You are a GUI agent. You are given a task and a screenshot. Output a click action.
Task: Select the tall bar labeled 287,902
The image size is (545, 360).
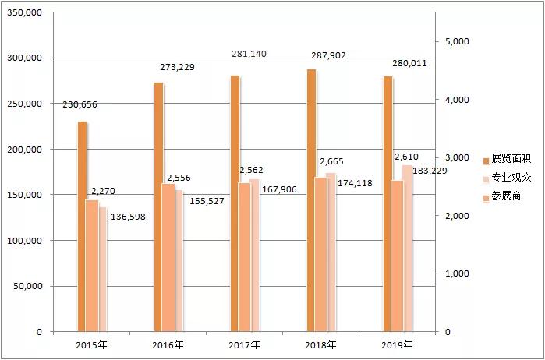point(311,200)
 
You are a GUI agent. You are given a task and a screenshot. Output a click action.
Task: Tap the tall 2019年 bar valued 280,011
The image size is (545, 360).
point(388,203)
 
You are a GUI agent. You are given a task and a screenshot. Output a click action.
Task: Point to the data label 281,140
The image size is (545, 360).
point(251,54)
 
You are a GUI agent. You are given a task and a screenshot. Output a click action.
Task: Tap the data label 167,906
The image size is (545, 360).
point(281,188)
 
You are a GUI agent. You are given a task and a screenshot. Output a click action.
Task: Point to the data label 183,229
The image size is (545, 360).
point(429,171)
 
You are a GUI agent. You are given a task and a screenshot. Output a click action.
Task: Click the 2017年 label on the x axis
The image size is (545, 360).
point(244,344)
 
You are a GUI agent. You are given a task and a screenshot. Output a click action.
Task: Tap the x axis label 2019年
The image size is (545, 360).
point(397,344)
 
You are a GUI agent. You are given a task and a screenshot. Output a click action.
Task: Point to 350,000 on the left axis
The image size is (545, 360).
point(25,13)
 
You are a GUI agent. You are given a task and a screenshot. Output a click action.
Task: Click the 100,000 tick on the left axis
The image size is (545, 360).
point(25,241)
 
